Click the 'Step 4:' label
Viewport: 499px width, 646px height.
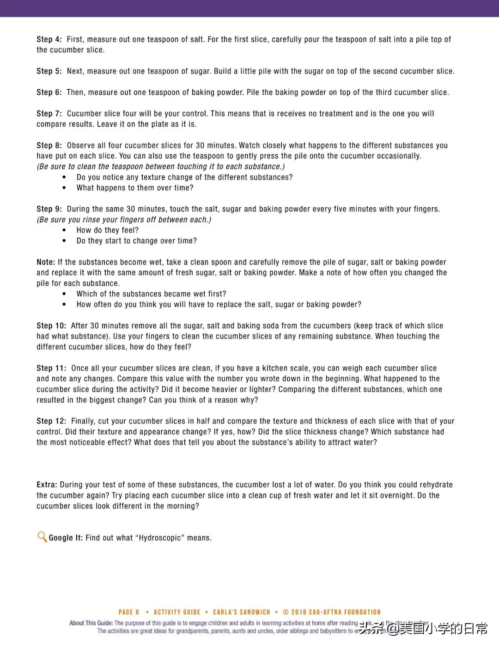[49, 40]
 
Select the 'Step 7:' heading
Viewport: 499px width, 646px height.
[49, 114]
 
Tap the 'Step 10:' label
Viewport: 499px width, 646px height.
[51, 326]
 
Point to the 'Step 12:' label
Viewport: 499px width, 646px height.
[51, 421]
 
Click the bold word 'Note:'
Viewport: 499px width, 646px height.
[46, 262]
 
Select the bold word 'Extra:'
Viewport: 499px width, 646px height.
[47, 485]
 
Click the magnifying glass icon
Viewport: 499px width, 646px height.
[42, 537]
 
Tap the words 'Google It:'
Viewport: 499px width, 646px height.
[66, 538]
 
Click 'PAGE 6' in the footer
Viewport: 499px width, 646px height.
[129, 612]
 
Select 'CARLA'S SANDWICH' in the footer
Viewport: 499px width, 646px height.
[241, 612]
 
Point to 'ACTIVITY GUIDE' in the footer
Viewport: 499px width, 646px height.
[177, 612]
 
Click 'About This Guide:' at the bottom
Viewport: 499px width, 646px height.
[91, 623]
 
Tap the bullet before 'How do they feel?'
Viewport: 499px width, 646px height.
[64, 230]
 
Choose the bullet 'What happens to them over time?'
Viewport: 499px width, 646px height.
[135, 188]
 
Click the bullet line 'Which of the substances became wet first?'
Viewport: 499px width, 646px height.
[151, 294]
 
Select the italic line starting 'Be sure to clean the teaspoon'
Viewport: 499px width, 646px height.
[161, 167]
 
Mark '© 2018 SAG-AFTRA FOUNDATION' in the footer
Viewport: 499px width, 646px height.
[332, 612]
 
